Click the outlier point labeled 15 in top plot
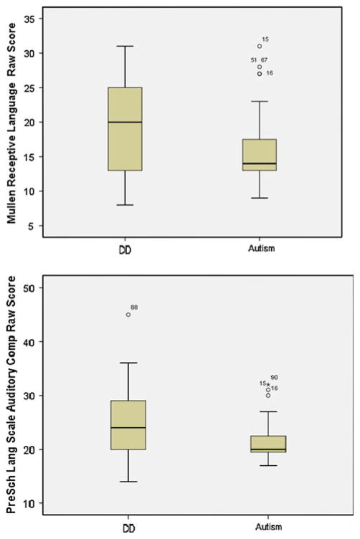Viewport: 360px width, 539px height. pyautogui.click(x=260, y=46)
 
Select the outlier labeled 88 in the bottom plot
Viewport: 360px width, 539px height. pyautogui.click(x=128, y=314)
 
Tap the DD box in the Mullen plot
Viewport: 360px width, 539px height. pyautogui.click(x=125, y=129)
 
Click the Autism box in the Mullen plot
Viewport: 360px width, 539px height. pyautogui.click(x=260, y=154)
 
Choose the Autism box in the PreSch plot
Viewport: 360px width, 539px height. pyautogui.click(x=260, y=445)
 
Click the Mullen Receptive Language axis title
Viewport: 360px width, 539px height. pyautogui.click(x=13, y=122)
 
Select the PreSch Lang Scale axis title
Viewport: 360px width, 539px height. pyautogui.click(x=13, y=398)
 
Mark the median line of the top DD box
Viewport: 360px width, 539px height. pyautogui.click(x=125, y=122)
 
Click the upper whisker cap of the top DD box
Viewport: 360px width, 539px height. pyautogui.click(x=125, y=46)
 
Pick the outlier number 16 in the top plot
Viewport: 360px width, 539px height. pyautogui.click(x=269, y=73)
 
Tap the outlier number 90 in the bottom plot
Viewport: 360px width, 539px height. pyautogui.click(x=274, y=378)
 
